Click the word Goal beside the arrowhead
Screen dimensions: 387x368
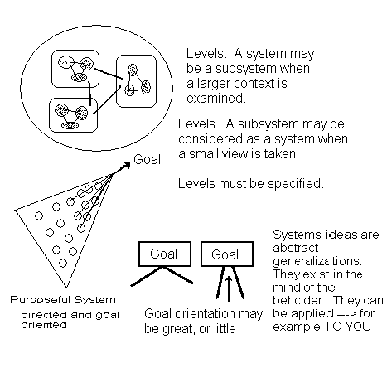pyautogui.click(x=147, y=159)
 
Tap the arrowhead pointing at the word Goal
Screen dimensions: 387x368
pyautogui.click(x=127, y=165)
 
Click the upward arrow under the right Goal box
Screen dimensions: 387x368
pyautogui.click(x=229, y=288)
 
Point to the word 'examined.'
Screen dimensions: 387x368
pyautogui.click(x=216, y=98)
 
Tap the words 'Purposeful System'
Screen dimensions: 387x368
pyautogui.click(x=63, y=299)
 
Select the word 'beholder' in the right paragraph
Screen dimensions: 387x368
pyautogui.click(x=298, y=300)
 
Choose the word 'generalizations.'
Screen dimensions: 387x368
pyautogui.click(x=317, y=261)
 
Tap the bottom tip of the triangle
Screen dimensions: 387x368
pyautogui.click(x=66, y=288)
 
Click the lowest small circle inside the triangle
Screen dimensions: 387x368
pyautogui.click(x=63, y=263)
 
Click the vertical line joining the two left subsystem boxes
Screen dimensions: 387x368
pyautogui.click(x=89, y=94)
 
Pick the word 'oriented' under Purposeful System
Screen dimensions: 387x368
pyautogui.click(x=44, y=325)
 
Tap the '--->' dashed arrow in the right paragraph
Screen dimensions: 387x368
pyautogui.click(x=346, y=313)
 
